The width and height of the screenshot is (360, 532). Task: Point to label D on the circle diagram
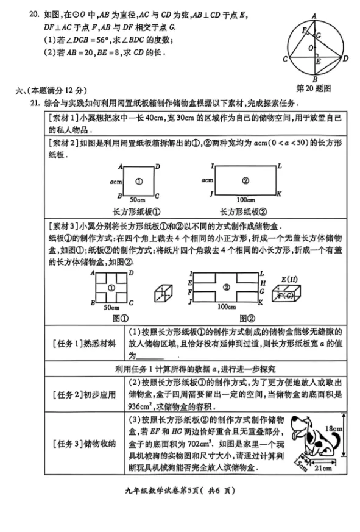pyautogui.click(x=345, y=59)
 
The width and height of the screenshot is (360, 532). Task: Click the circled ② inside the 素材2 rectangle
pyautogui.click(x=245, y=180)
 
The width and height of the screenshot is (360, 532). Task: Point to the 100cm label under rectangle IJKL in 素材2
pyautogui.click(x=246, y=200)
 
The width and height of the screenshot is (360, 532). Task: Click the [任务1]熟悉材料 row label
pyautogui.click(x=84, y=343)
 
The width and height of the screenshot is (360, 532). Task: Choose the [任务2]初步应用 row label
pyautogui.click(x=84, y=395)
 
